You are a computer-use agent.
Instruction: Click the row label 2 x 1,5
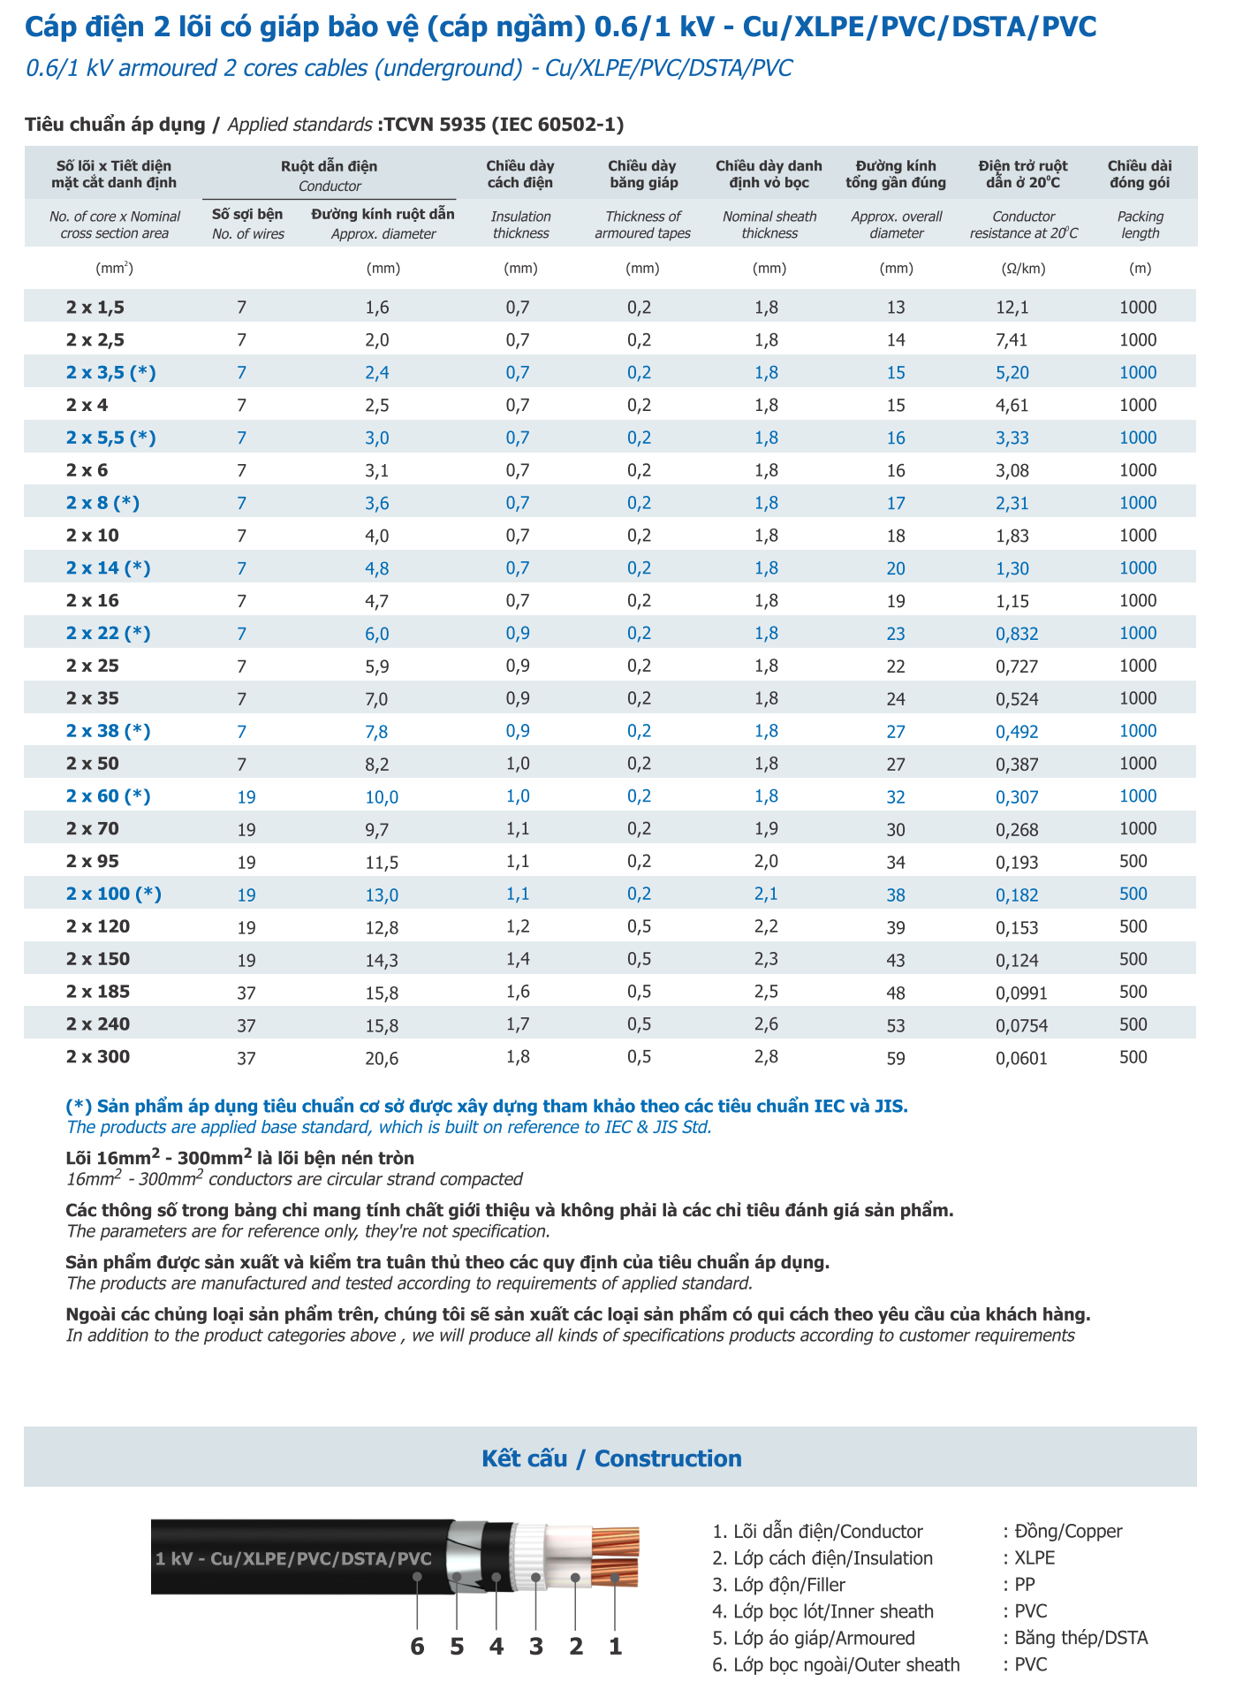point(95,308)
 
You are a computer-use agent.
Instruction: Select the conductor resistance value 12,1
point(1012,308)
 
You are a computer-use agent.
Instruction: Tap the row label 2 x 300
point(97,1057)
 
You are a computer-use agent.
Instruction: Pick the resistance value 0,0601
point(1021,1058)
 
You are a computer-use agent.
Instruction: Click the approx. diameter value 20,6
point(382,1058)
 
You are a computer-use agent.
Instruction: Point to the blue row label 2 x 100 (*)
point(113,894)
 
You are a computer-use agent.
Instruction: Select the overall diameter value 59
point(896,1058)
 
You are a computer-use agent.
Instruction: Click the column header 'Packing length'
point(1140,225)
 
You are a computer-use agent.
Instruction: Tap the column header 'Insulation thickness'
point(520,225)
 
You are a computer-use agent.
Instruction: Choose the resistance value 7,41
point(1012,340)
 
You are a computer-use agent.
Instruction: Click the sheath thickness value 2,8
point(766,1057)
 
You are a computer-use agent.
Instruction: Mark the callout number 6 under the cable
point(418,1647)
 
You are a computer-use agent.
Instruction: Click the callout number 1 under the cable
point(616,1647)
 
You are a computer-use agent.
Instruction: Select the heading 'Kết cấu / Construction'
point(611,1458)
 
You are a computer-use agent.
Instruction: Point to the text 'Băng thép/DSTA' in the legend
point(1080,1638)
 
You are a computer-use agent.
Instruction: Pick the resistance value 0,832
point(1017,634)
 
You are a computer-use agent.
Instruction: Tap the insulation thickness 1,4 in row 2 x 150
point(518,960)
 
